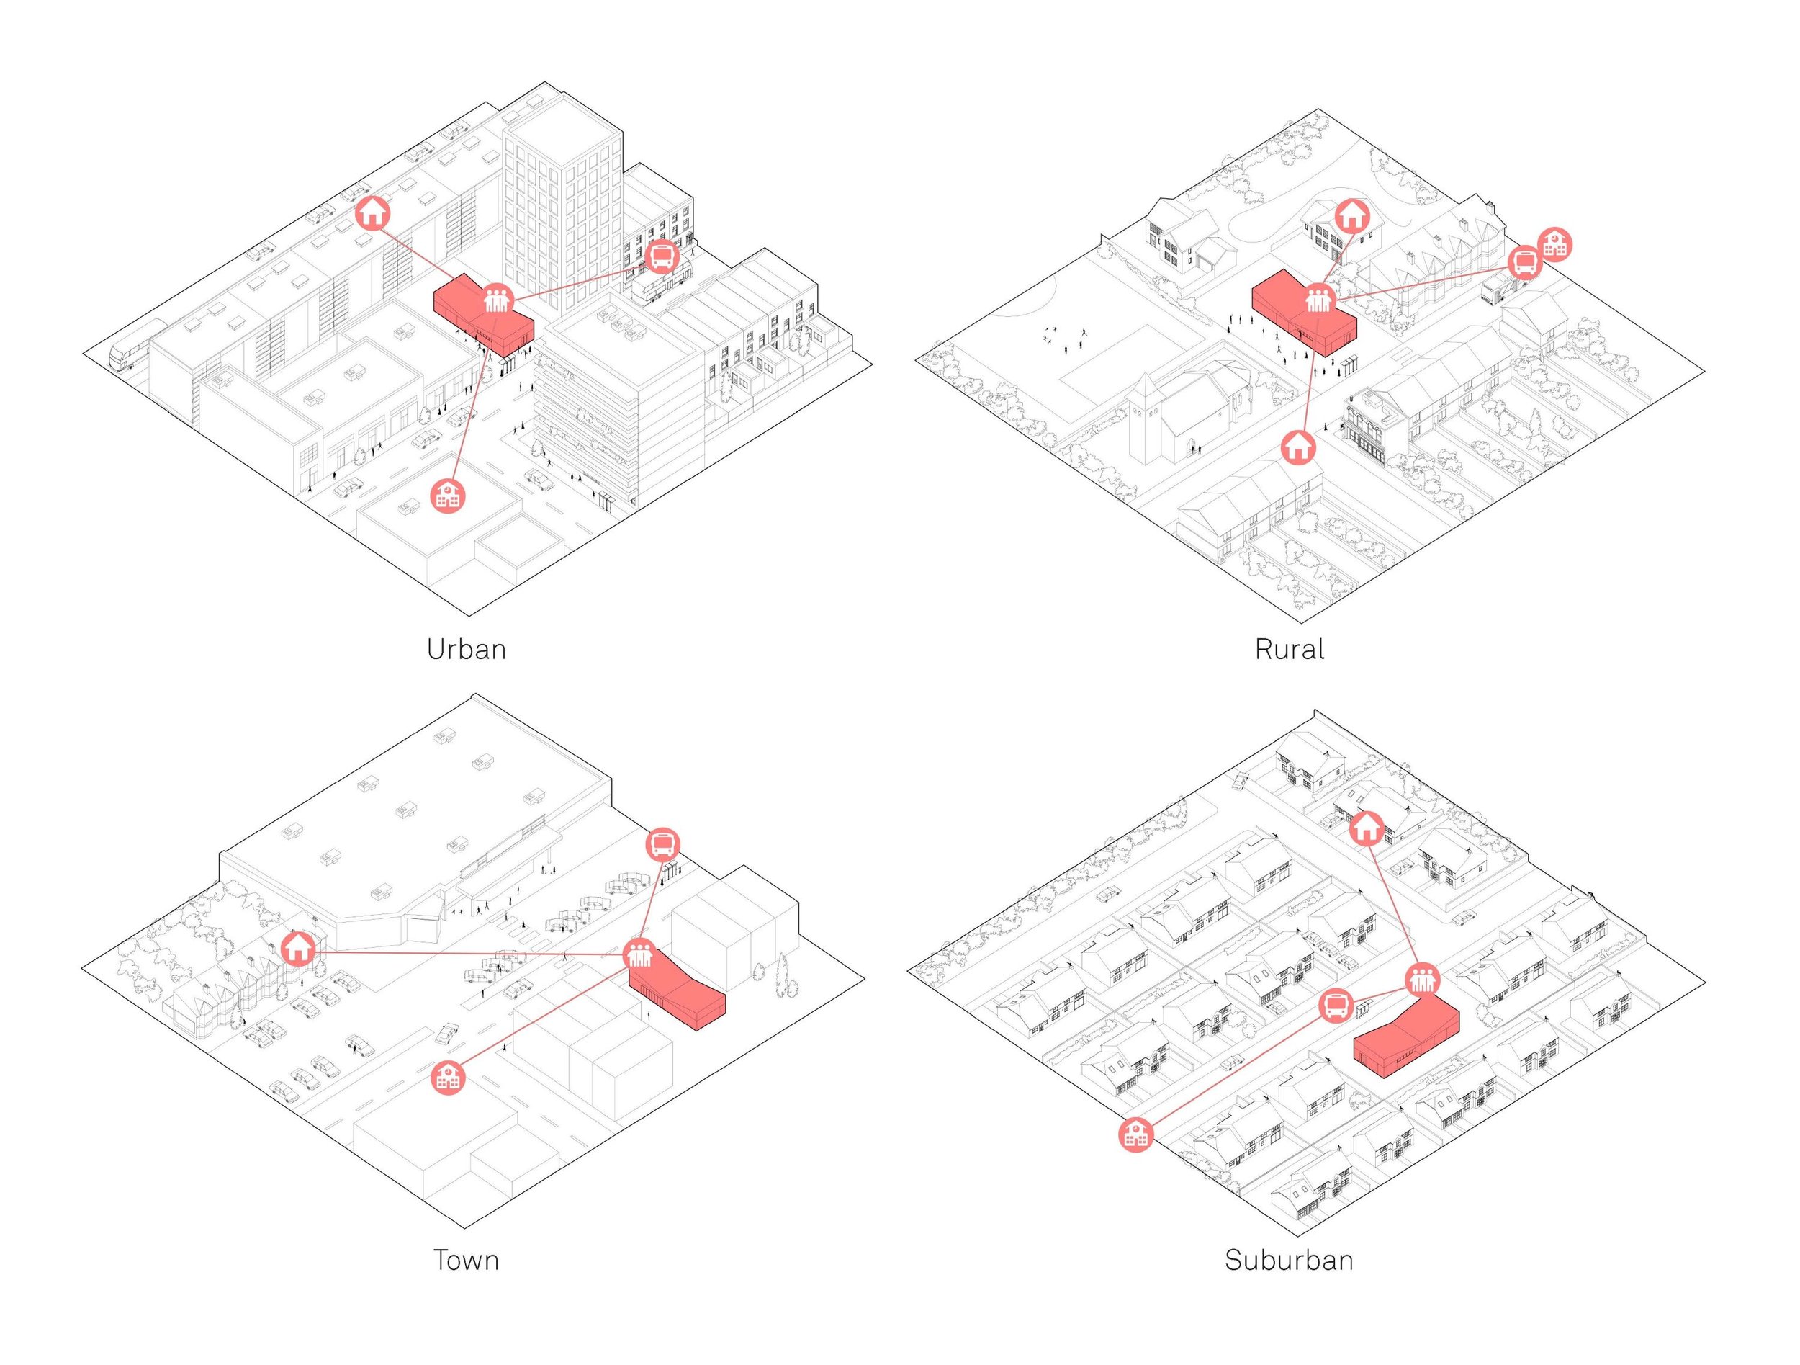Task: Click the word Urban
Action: [x=467, y=650]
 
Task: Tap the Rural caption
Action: [x=1289, y=650]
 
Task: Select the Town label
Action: [x=465, y=1260]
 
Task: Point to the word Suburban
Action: [x=1289, y=1260]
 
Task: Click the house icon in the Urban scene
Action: [x=374, y=212]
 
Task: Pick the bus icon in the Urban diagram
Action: [x=662, y=256]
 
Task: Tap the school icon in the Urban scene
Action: [x=446, y=495]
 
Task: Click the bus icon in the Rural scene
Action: [x=1524, y=263]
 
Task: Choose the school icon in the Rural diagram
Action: [x=1555, y=243]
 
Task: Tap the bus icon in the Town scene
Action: [x=663, y=844]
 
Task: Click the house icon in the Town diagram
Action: [x=298, y=948]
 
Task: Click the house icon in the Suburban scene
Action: [x=1365, y=828]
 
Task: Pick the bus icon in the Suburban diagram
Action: [x=1336, y=1006]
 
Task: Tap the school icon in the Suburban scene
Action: [x=1136, y=1134]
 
